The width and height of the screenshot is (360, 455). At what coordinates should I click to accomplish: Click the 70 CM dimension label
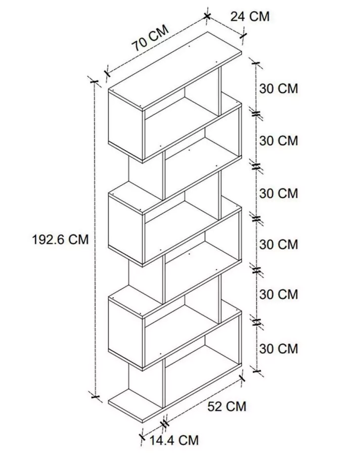click(x=150, y=38)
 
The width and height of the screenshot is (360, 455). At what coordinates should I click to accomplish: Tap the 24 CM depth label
click(x=250, y=16)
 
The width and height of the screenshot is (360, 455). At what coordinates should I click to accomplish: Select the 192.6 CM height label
click(x=60, y=240)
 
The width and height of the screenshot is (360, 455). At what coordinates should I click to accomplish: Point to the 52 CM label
click(x=227, y=406)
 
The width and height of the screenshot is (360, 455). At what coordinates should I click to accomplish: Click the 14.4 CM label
click(x=174, y=440)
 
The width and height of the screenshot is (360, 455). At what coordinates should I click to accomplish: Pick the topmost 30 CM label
click(x=279, y=88)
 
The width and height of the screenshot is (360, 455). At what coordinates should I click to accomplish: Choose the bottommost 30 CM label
click(x=279, y=348)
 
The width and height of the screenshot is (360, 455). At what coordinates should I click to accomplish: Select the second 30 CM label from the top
click(x=279, y=141)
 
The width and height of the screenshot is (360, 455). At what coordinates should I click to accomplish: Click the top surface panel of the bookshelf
click(x=175, y=71)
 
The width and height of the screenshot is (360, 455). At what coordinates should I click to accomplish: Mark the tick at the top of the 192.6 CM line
click(x=94, y=81)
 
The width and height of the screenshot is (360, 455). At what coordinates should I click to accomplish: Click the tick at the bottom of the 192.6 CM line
click(x=95, y=396)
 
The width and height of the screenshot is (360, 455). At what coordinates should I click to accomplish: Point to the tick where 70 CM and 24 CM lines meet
click(x=207, y=16)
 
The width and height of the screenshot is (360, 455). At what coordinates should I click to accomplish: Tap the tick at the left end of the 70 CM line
click(x=107, y=72)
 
